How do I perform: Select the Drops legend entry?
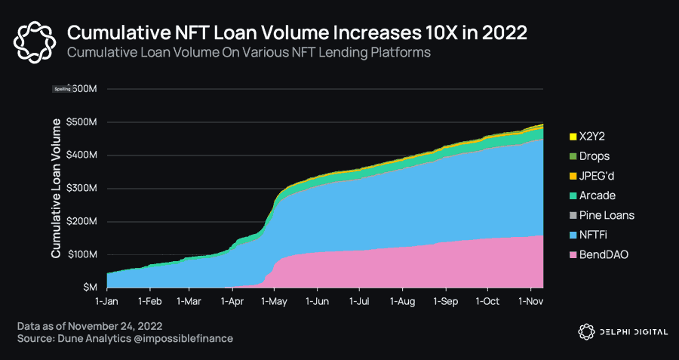pos(594,156)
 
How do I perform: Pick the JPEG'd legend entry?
pos(599,176)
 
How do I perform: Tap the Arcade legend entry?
pos(597,195)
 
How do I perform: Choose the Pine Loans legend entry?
pos(606,215)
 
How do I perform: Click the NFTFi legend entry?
pos(595,235)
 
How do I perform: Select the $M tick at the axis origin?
pos(90,288)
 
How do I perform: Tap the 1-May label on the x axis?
pos(275,300)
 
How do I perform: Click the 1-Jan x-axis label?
pos(107,300)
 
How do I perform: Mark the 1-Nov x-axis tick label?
pos(530,300)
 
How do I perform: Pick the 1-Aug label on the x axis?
pos(402,300)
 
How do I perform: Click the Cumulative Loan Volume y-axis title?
pos(56,188)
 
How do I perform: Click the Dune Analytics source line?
pos(125,339)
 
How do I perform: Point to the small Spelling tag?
pos(62,89)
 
